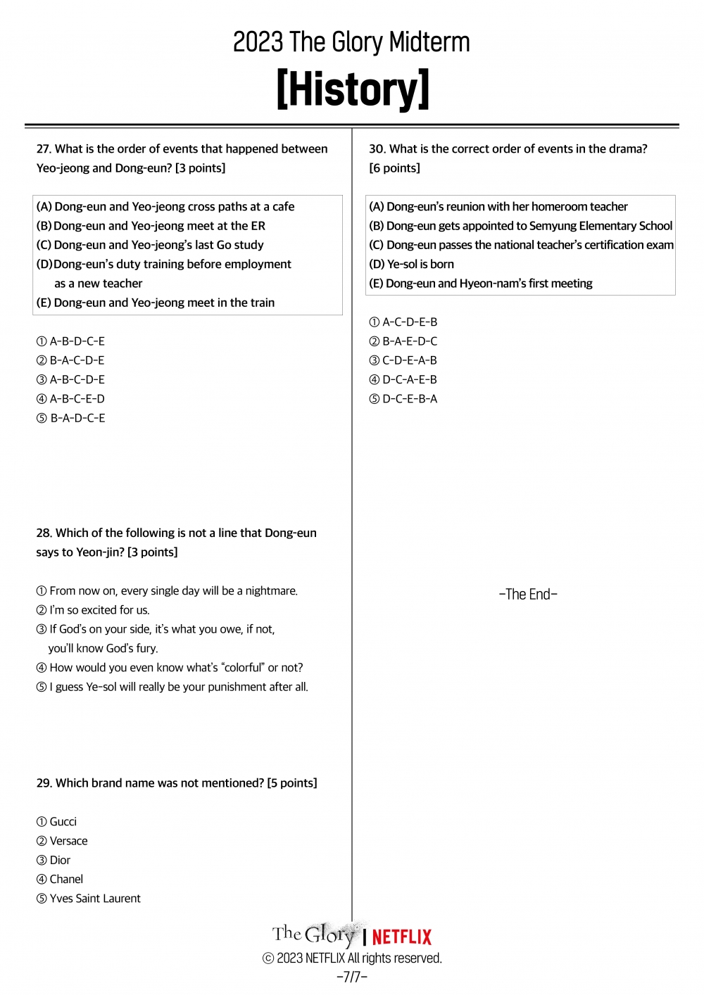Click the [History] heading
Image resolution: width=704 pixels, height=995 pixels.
coord(352,89)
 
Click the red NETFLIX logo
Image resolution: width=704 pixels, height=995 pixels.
coord(401,937)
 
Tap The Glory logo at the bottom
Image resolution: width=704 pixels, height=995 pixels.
coord(315,934)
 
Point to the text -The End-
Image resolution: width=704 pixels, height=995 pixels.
coord(528,594)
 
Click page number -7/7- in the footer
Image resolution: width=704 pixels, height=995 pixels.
coord(352,977)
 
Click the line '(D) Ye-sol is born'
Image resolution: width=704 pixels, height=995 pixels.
coord(412,264)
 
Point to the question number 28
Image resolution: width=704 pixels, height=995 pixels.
coord(44,533)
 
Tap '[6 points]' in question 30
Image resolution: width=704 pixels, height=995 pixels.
coord(395,167)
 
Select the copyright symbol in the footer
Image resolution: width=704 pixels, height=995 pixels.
coord(268,958)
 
